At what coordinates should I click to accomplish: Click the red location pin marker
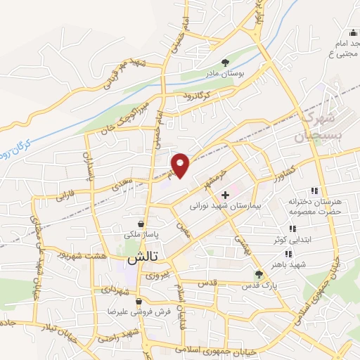tap(181, 166)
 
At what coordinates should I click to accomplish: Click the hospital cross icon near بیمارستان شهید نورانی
tap(225, 195)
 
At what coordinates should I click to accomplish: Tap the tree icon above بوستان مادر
tap(225, 62)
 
